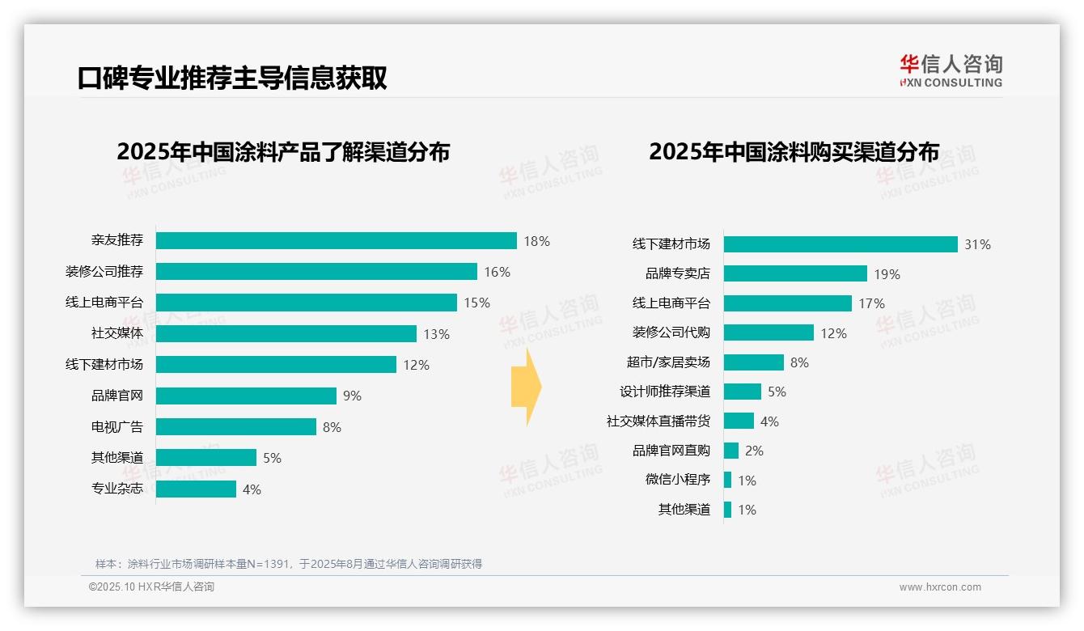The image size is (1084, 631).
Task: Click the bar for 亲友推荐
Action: pyautogui.click(x=336, y=241)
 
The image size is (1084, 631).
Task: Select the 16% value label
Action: pyautogui.click(x=497, y=273)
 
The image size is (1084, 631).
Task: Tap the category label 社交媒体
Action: pyautogui.click(x=116, y=333)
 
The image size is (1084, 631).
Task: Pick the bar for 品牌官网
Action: pyautogui.click(x=246, y=396)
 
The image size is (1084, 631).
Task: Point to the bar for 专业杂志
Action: pyautogui.click(x=196, y=489)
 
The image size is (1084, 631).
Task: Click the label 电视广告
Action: pyautogui.click(x=116, y=426)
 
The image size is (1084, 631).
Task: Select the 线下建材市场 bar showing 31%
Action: pyautogui.click(x=841, y=244)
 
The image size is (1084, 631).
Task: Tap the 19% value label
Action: pyautogui.click(x=887, y=274)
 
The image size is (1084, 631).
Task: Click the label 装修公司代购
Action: pyautogui.click(x=671, y=332)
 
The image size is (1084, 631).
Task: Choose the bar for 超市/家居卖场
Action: pyautogui.click(x=753, y=362)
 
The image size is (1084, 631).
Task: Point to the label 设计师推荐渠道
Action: pyautogui.click(x=664, y=392)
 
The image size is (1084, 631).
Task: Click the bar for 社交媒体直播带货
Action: pyautogui.click(x=739, y=421)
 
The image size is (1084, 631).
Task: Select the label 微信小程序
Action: pyautogui.click(x=677, y=480)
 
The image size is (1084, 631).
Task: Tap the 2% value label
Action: pyautogui.click(x=754, y=451)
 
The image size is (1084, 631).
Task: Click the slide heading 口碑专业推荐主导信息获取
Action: pyautogui.click(x=232, y=78)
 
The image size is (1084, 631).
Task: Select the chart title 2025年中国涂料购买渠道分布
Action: pyautogui.click(x=794, y=152)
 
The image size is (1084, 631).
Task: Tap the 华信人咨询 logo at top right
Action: pyautogui.click(x=951, y=70)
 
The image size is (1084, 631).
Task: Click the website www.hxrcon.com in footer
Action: pyautogui.click(x=939, y=587)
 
